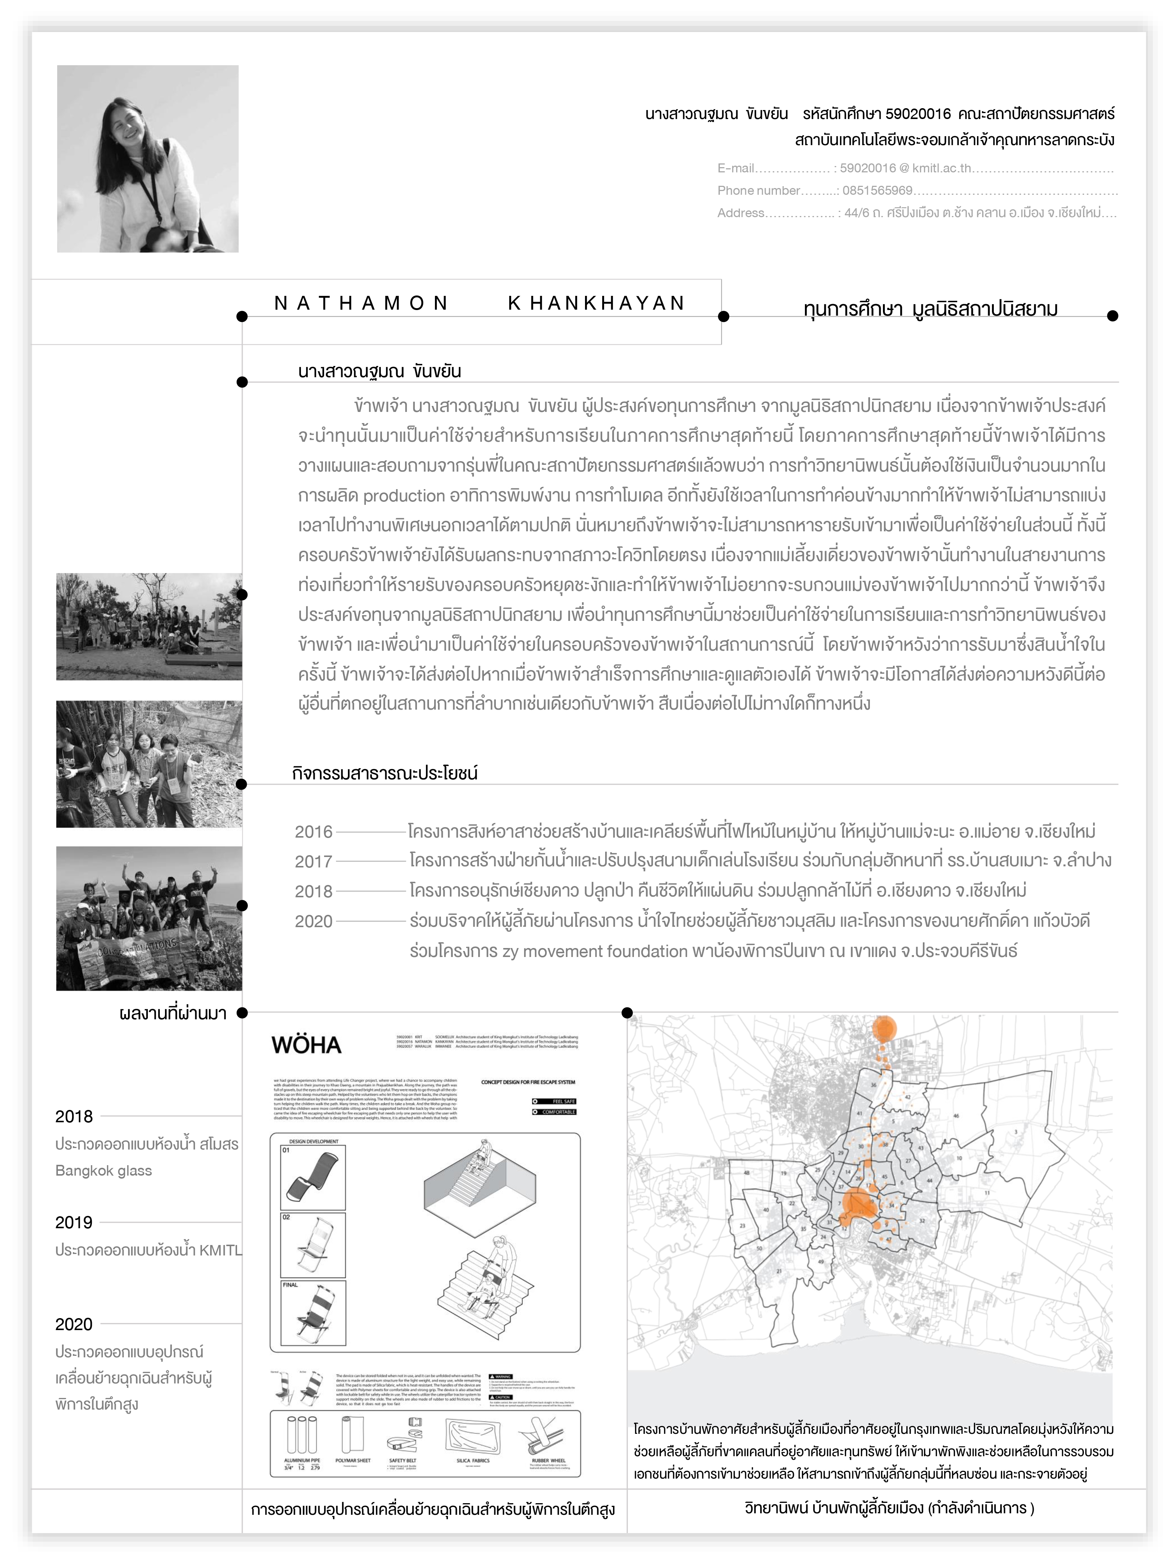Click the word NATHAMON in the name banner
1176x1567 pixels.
point(361,303)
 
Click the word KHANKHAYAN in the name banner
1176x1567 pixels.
point(596,303)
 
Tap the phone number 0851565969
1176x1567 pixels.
point(877,191)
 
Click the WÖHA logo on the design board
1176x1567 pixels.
point(306,1045)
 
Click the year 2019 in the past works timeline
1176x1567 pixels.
point(74,1222)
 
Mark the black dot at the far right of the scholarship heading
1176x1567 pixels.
point(1112,316)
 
